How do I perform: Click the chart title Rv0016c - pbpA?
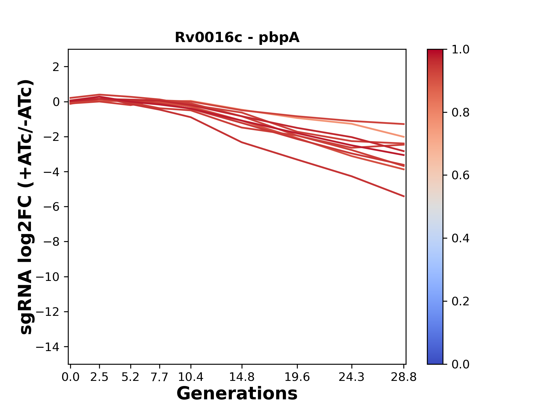pyautogui.click(x=237, y=37)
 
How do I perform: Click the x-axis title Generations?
pyautogui.click(x=237, y=394)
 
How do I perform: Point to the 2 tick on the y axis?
pyautogui.click(x=56, y=67)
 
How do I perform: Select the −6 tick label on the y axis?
pyautogui.click(x=51, y=207)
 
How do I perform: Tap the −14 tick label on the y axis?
pyautogui.click(x=47, y=347)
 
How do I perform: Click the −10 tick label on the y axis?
pyautogui.click(x=47, y=277)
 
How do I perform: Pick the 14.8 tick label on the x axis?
pyautogui.click(x=242, y=377)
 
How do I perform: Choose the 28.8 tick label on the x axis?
pyautogui.click(x=404, y=377)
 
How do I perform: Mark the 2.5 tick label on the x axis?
pyautogui.click(x=99, y=377)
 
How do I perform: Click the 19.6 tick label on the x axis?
pyautogui.click(x=297, y=377)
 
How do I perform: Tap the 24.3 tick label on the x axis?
pyautogui.click(x=352, y=377)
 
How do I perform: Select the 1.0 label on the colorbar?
pyautogui.click(x=460, y=50)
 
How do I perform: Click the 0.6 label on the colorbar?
pyautogui.click(x=460, y=176)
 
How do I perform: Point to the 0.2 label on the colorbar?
pyautogui.click(x=460, y=301)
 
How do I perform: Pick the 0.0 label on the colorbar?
pyautogui.click(x=460, y=364)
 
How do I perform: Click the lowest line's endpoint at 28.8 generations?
pyautogui.click(x=404, y=196)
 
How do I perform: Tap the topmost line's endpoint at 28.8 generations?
pyautogui.click(x=404, y=124)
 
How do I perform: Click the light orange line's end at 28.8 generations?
pyautogui.click(x=404, y=137)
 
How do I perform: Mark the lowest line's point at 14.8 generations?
pyautogui.click(x=242, y=142)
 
